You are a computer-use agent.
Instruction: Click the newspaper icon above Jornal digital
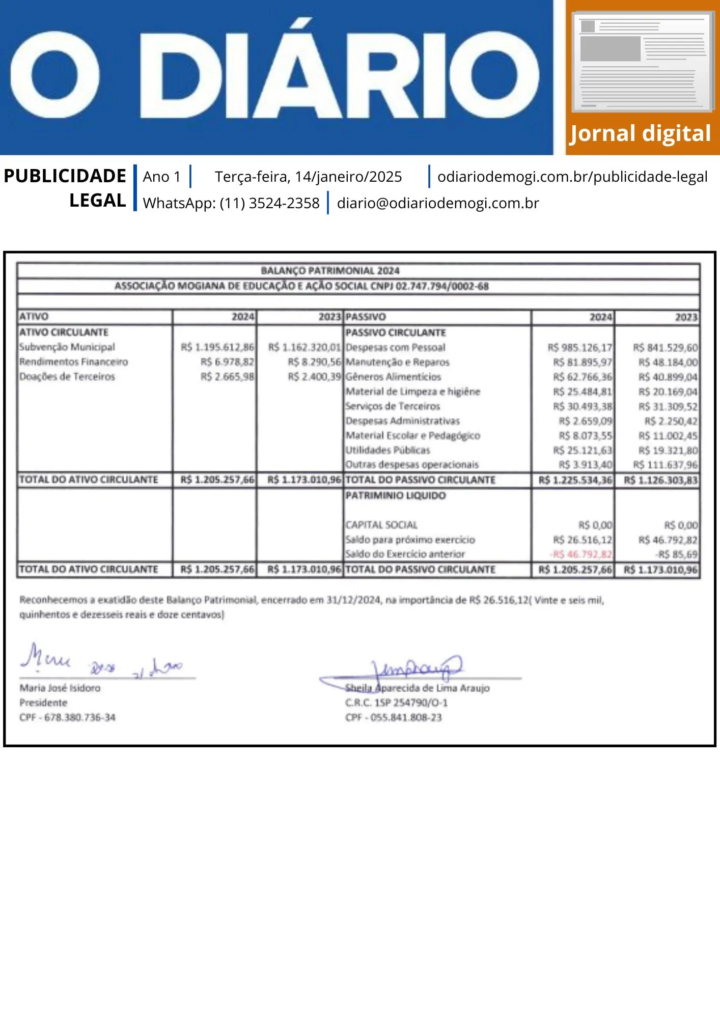(x=643, y=62)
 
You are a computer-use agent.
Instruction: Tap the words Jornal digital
(x=640, y=134)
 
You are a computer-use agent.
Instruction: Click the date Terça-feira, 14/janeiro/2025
(x=308, y=177)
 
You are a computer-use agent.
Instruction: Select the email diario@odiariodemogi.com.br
(x=437, y=203)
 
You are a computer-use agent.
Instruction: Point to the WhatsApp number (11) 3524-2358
(x=269, y=203)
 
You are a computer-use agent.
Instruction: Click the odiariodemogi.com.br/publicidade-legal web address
(x=572, y=177)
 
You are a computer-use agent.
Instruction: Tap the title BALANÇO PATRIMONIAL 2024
(x=330, y=271)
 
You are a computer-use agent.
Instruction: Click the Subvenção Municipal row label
(x=67, y=347)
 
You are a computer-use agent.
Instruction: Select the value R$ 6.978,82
(x=227, y=362)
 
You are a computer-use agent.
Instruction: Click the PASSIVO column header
(x=366, y=317)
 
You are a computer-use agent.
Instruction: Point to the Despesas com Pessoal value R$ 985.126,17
(x=580, y=348)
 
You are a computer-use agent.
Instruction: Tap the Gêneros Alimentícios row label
(x=393, y=377)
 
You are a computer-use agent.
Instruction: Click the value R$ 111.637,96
(x=665, y=465)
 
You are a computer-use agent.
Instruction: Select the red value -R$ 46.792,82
(x=581, y=554)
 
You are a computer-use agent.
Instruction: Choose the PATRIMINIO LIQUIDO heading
(x=395, y=496)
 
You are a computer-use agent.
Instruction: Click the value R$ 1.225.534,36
(x=575, y=480)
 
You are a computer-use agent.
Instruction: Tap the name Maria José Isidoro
(x=60, y=688)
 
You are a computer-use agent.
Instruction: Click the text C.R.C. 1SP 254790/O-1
(x=396, y=703)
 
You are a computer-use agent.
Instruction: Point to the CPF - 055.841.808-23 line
(x=393, y=718)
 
